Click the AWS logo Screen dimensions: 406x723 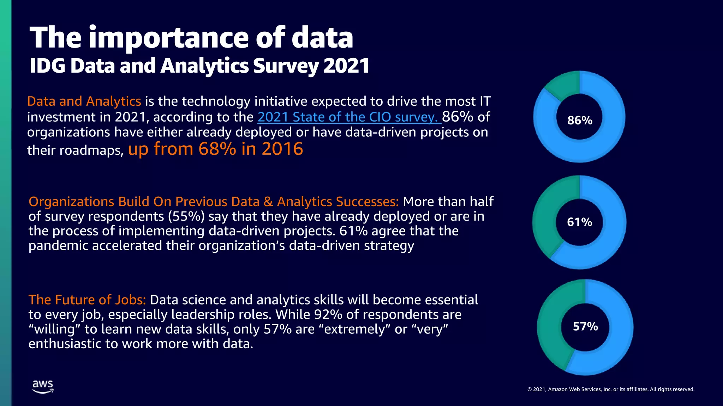(43, 387)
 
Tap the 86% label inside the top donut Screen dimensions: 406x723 (580, 121)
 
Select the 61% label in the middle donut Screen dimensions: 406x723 (579, 222)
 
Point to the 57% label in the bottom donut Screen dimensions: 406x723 (585, 326)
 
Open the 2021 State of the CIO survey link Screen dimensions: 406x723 (349, 117)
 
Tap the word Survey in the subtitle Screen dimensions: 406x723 (286, 66)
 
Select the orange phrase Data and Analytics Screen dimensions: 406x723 (84, 101)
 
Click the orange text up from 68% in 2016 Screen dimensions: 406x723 (215, 149)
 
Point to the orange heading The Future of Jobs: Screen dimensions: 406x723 (87, 300)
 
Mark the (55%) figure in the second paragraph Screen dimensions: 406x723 (186, 216)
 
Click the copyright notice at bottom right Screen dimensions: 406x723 (611, 389)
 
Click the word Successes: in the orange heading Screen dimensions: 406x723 (367, 202)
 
